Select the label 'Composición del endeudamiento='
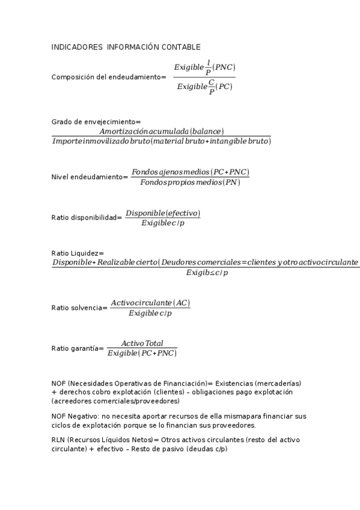(108, 77)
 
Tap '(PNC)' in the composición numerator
(225, 67)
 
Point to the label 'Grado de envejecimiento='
(96, 121)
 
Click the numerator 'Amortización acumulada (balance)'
(161, 131)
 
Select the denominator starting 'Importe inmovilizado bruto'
(161, 141)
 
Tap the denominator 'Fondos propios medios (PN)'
(190, 182)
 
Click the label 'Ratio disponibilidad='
(87, 218)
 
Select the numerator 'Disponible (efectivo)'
(162, 214)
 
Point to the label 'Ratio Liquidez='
(78, 253)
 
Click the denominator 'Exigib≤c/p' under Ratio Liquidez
(207, 273)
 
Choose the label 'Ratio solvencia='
(79, 308)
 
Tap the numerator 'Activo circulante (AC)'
(150, 303)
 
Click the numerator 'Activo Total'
(142, 343)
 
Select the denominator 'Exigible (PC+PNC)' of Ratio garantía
(142, 353)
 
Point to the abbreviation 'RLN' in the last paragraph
(58, 440)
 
